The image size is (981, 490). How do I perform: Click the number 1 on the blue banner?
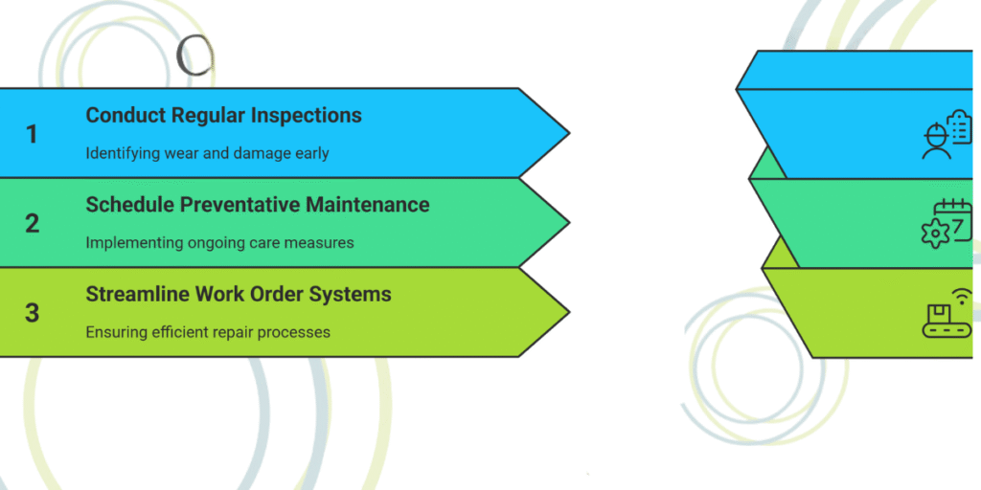tap(32, 134)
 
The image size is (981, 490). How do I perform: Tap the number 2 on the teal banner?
tap(32, 223)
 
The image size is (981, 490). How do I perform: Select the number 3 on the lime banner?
tap(32, 312)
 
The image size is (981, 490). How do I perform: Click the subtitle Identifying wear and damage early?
tap(207, 153)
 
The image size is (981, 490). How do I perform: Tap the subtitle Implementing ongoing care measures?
tap(219, 242)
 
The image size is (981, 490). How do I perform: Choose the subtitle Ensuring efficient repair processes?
tap(208, 332)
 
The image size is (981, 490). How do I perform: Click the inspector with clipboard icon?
tap(946, 135)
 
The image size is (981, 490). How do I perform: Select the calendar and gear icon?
tap(946, 223)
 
